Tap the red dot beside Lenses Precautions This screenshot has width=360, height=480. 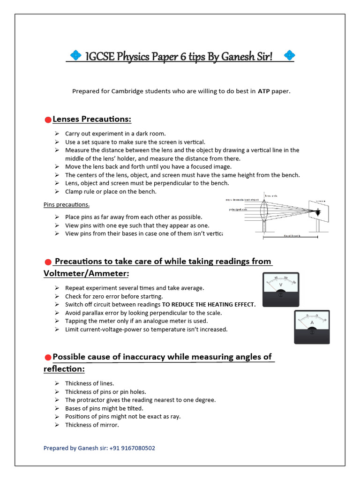47,120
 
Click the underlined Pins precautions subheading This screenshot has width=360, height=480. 66,204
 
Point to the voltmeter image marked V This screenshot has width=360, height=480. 280,289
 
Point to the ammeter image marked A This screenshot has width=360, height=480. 312,326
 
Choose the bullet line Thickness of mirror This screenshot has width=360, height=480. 92,425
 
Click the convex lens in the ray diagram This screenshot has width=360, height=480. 266,211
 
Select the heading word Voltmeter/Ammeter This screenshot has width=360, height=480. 86,273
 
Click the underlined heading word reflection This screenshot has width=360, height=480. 64,369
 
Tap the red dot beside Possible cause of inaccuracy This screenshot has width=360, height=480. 47,358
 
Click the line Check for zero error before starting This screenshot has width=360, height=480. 114,296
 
